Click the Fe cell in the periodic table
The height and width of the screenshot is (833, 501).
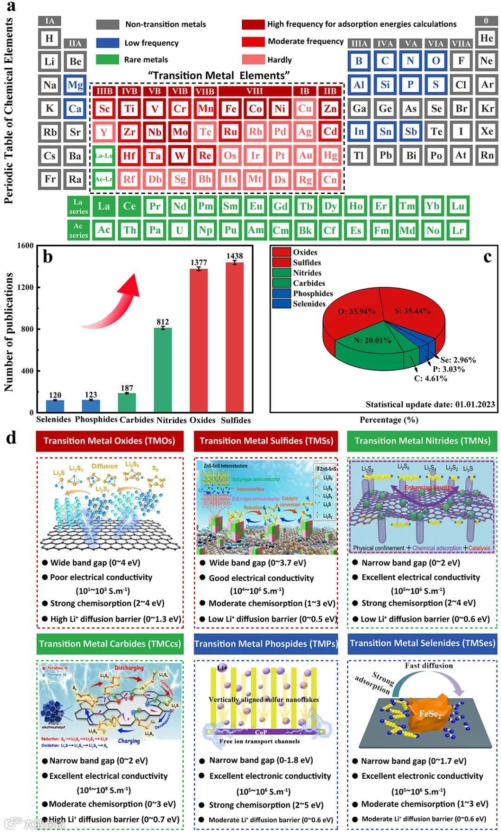click(x=231, y=108)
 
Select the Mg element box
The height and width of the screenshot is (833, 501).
click(x=75, y=85)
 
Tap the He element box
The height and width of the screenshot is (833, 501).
click(x=486, y=38)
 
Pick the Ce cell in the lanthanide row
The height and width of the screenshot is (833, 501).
click(x=129, y=206)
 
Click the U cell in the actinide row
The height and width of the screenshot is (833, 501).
click(x=180, y=230)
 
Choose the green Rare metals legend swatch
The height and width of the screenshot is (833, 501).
click(x=108, y=59)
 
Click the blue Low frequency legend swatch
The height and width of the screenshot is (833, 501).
click(x=108, y=43)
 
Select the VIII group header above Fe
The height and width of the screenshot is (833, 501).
click(x=254, y=91)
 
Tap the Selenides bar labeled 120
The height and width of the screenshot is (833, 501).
click(x=55, y=406)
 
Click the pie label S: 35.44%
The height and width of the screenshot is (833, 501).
click(x=412, y=311)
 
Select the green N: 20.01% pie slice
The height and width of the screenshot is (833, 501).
click(x=371, y=350)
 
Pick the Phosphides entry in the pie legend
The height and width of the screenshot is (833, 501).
click(x=313, y=293)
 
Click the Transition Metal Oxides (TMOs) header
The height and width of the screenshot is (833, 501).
click(x=109, y=441)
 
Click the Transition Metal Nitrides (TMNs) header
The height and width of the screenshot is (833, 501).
click(x=422, y=441)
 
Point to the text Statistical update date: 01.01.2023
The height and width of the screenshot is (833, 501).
click(x=430, y=404)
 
